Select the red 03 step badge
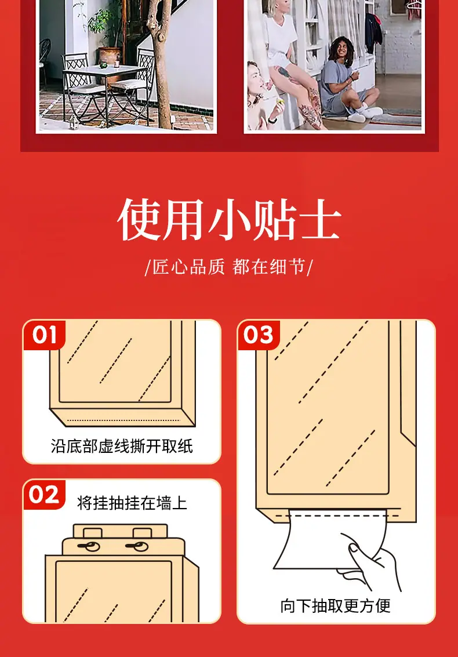pos(259,335)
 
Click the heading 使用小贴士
pos(229,219)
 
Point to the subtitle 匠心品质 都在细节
pos(229,267)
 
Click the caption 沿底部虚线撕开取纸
pos(122,446)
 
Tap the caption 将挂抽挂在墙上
pos(132,502)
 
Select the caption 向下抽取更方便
pos(336,605)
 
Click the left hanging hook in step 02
pos(89,546)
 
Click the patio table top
pos(105,70)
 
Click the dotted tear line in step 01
pos(123,420)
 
